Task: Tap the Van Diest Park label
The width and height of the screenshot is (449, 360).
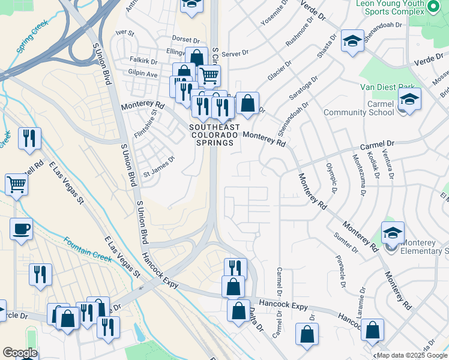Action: pos(387,87)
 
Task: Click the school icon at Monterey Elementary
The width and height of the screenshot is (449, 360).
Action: pos(393,232)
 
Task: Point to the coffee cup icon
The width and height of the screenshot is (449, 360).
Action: pos(22,229)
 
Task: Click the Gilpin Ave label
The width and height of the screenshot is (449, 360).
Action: pos(142,74)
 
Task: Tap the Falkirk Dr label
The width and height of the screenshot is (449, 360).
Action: pos(143,61)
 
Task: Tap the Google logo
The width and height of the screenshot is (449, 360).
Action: pos(20,353)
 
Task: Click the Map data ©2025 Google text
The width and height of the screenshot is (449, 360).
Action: pos(412,355)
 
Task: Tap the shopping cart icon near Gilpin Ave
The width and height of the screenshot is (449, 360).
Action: pos(208,76)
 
